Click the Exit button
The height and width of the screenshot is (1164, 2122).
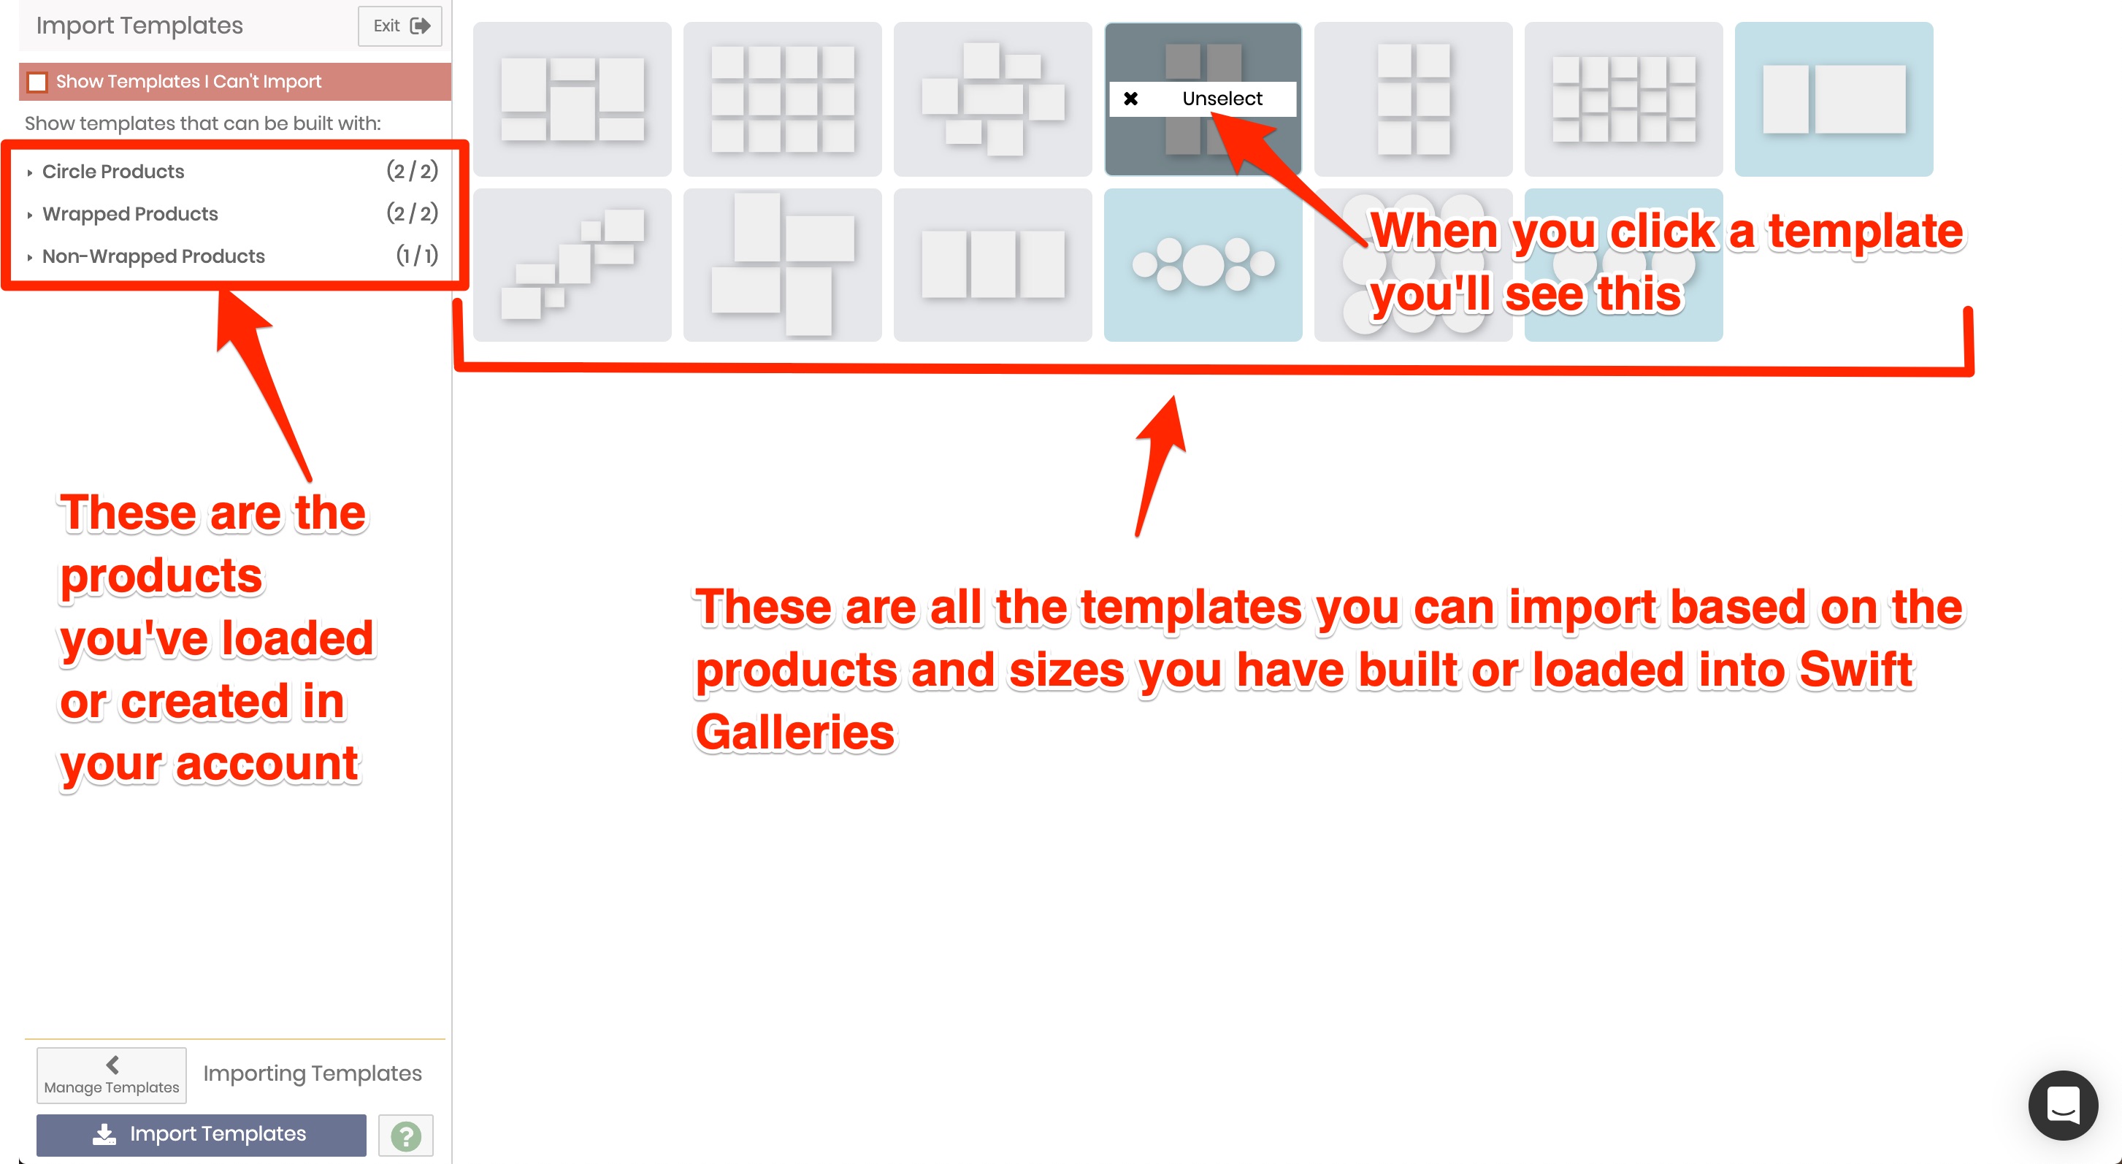pyautogui.click(x=400, y=26)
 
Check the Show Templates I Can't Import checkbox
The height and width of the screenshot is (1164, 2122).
pyautogui.click(x=37, y=82)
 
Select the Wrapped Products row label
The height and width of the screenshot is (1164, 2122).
pyautogui.click(x=130, y=214)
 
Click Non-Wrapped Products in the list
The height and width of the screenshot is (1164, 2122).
pyautogui.click(x=153, y=256)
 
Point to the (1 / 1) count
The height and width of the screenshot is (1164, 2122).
pyautogui.click(x=417, y=256)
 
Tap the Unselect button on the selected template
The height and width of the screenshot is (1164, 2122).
pyautogui.click(x=1203, y=99)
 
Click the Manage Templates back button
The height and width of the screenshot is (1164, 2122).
pyautogui.click(x=111, y=1075)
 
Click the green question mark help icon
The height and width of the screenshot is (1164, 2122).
pyautogui.click(x=406, y=1136)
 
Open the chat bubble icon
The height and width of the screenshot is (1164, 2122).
pyautogui.click(x=2064, y=1106)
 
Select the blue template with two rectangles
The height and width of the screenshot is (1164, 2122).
pyautogui.click(x=1834, y=99)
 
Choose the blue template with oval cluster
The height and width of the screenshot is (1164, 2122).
pyautogui.click(x=1203, y=264)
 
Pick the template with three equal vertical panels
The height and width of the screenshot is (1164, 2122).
pyautogui.click(x=992, y=264)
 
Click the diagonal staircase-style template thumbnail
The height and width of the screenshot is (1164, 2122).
pyautogui.click(x=572, y=264)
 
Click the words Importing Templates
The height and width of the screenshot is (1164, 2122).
pyautogui.click(x=313, y=1073)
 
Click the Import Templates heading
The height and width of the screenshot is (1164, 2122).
pyautogui.click(x=139, y=26)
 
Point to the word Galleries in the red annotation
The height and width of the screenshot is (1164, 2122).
pyautogui.click(x=795, y=732)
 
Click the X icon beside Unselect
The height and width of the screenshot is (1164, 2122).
pyautogui.click(x=1131, y=99)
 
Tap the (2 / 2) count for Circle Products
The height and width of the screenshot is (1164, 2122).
pyautogui.click(x=412, y=172)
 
